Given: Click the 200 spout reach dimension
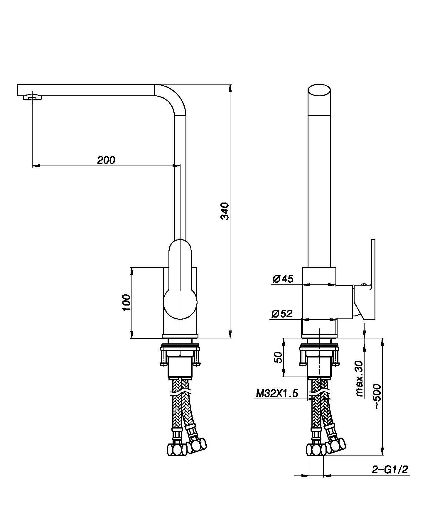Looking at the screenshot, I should (106, 160).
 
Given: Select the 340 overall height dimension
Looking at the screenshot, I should (225, 211).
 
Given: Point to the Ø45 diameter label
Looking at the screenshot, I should (283, 279).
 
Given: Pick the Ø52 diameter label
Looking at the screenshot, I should (282, 313).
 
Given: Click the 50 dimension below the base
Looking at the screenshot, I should (278, 357).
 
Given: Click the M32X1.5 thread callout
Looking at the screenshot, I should (277, 393).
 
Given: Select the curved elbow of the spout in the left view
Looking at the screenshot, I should (173, 98).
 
